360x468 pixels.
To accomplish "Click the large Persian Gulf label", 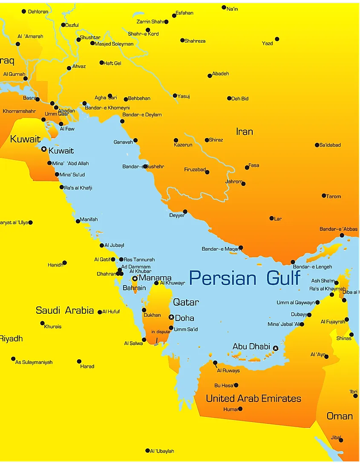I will tap(245, 278).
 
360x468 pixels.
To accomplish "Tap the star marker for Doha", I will tap(171, 317).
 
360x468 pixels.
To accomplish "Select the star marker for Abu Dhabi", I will tap(275, 348).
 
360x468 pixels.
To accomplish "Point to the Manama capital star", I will tap(135, 278).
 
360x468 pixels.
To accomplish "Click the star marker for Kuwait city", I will tap(43, 149).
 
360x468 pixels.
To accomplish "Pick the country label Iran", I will tap(245, 132).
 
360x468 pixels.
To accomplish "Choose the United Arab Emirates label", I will tap(253, 399).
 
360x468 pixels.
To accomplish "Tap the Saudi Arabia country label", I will tap(65, 310).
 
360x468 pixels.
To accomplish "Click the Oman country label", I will tap(340, 416).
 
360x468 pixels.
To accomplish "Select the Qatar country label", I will tap(186, 302).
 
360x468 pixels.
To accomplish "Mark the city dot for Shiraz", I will tap(207, 140).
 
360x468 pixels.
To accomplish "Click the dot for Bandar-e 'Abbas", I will tap(342, 235).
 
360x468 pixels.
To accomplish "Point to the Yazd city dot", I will tap(277, 39).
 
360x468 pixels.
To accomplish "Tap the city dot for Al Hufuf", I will tap(100, 312).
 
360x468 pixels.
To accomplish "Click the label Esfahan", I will tap(184, 13).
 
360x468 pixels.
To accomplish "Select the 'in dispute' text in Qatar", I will tap(161, 332).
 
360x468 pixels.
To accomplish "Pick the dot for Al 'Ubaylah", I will tap(147, 451).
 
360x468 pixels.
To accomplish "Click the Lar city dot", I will tap(271, 218).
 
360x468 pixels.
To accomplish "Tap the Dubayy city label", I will tap(299, 315).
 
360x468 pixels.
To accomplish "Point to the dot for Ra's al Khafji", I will tap(61, 187).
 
